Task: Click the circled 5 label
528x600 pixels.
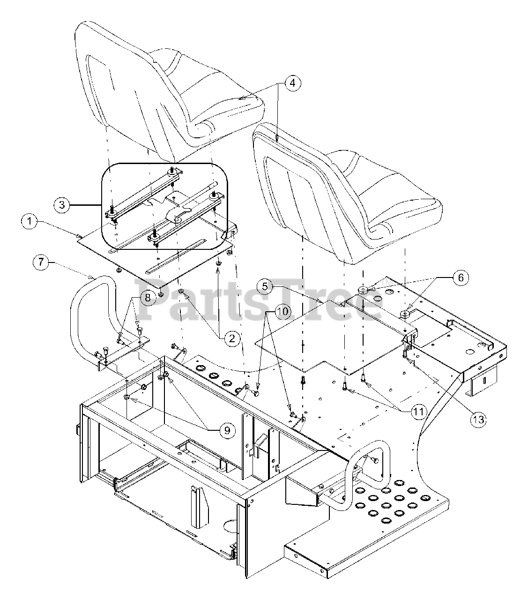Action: (265, 285)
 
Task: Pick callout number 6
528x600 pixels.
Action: (461, 277)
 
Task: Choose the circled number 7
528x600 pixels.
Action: (41, 262)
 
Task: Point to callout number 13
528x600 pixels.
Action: (478, 419)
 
